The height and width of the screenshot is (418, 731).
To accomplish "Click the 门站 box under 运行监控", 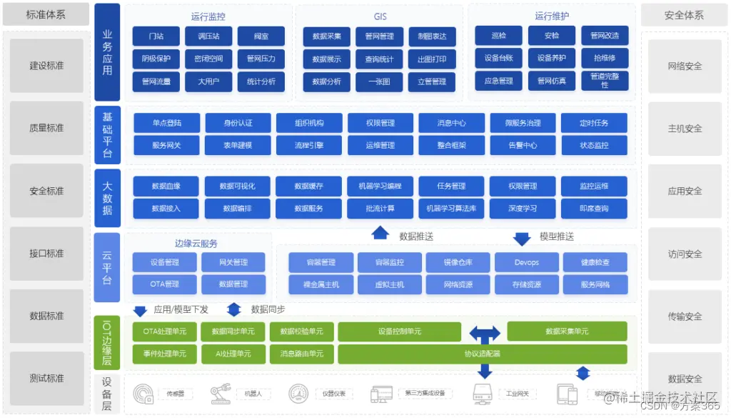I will (x=156, y=36).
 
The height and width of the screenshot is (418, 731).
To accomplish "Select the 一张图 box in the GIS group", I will (x=379, y=81).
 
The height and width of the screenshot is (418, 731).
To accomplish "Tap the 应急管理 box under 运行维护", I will (x=498, y=81).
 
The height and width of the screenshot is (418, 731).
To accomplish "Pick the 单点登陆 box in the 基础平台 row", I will (x=166, y=123).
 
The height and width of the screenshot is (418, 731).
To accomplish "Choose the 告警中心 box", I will (x=523, y=145).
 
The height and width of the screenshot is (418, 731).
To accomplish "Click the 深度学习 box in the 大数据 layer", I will (x=523, y=209).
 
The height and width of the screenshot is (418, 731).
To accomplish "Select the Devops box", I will (x=526, y=262).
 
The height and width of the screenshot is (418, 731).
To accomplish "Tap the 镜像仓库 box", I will (x=458, y=262).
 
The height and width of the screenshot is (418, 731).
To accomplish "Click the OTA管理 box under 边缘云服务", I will (x=165, y=284).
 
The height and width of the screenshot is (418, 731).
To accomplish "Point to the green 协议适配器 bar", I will (x=483, y=353).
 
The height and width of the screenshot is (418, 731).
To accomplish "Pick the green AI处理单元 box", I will (x=233, y=353).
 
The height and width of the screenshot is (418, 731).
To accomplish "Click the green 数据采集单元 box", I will (x=567, y=332).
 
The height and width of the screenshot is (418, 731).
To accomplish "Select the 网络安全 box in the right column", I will (x=685, y=66).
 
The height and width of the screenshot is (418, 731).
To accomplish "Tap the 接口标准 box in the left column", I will (x=46, y=253).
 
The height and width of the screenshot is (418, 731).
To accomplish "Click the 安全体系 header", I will (x=684, y=15).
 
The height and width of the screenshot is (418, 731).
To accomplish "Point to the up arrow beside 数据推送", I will (x=380, y=233).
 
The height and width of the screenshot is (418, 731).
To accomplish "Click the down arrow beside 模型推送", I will (x=522, y=238).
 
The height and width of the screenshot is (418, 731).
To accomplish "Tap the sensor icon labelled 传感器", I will (x=144, y=394).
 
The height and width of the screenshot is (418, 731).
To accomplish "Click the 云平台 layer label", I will (x=107, y=268).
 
